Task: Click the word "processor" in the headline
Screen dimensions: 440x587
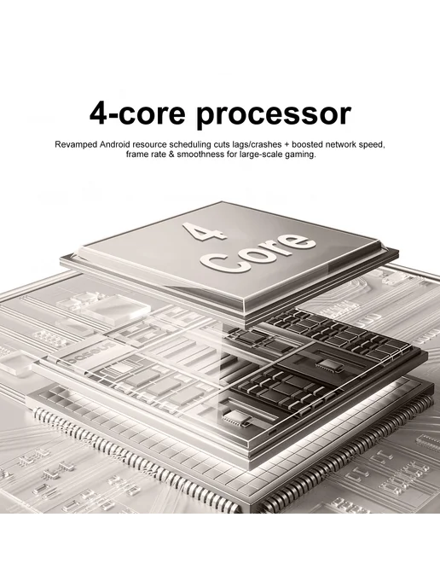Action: [x=274, y=114]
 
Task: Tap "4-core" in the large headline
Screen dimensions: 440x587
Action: [x=137, y=113]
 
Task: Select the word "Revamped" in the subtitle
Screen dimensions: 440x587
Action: [x=76, y=145]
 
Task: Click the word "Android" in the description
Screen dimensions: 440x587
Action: [x=114, y=144]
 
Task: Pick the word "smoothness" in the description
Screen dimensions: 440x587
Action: [x=200, y=154]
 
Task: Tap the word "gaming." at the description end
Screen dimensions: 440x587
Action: [x=300, y=154]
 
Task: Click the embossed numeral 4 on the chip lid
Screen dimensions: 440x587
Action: [x=205, y=231]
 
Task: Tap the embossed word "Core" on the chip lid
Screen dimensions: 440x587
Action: [x=258, y=253]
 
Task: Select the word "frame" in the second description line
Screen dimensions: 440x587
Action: [x=137, y=154]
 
